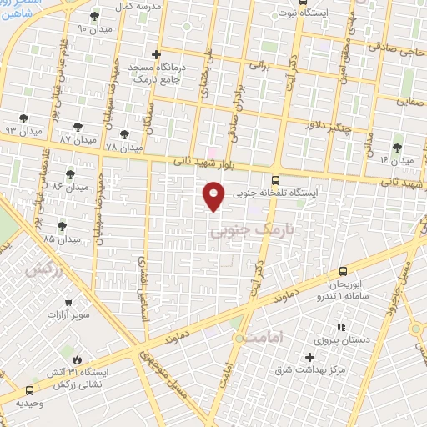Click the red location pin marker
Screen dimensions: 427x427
click(x=214, y=195)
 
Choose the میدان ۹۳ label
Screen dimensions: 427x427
click(x=23, y=131)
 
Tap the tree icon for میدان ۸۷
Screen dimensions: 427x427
click(x=78, y=127)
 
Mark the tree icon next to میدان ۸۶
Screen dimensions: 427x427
click(x=70, y=175)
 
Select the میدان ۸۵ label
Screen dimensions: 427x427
click(x=61, y=239)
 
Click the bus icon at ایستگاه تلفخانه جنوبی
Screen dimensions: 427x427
click(x=276, y=179)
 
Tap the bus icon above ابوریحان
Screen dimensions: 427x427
click(x=343, y=270)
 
